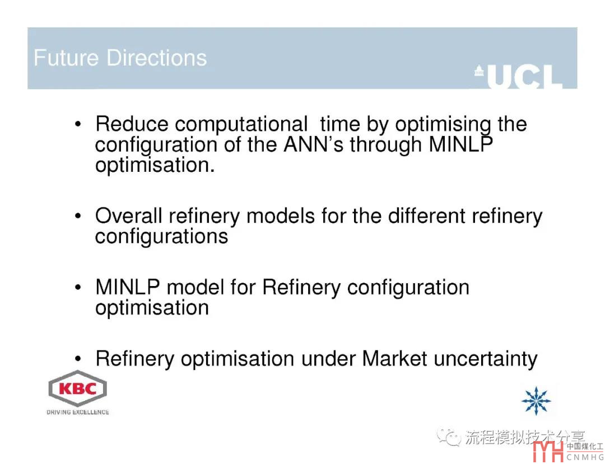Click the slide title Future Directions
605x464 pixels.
120,58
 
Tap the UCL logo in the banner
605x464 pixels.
519,76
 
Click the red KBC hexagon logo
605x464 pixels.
77,388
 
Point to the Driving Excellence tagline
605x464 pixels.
77,412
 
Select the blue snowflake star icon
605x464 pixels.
536,401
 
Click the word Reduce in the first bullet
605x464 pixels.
132,124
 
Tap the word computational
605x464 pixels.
241,125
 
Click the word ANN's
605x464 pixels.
313,144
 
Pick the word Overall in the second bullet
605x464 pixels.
129,216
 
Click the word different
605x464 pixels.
426,216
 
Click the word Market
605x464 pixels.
394,359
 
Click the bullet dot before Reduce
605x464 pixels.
78,124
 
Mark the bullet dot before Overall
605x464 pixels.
78,216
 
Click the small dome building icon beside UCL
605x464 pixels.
479,71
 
